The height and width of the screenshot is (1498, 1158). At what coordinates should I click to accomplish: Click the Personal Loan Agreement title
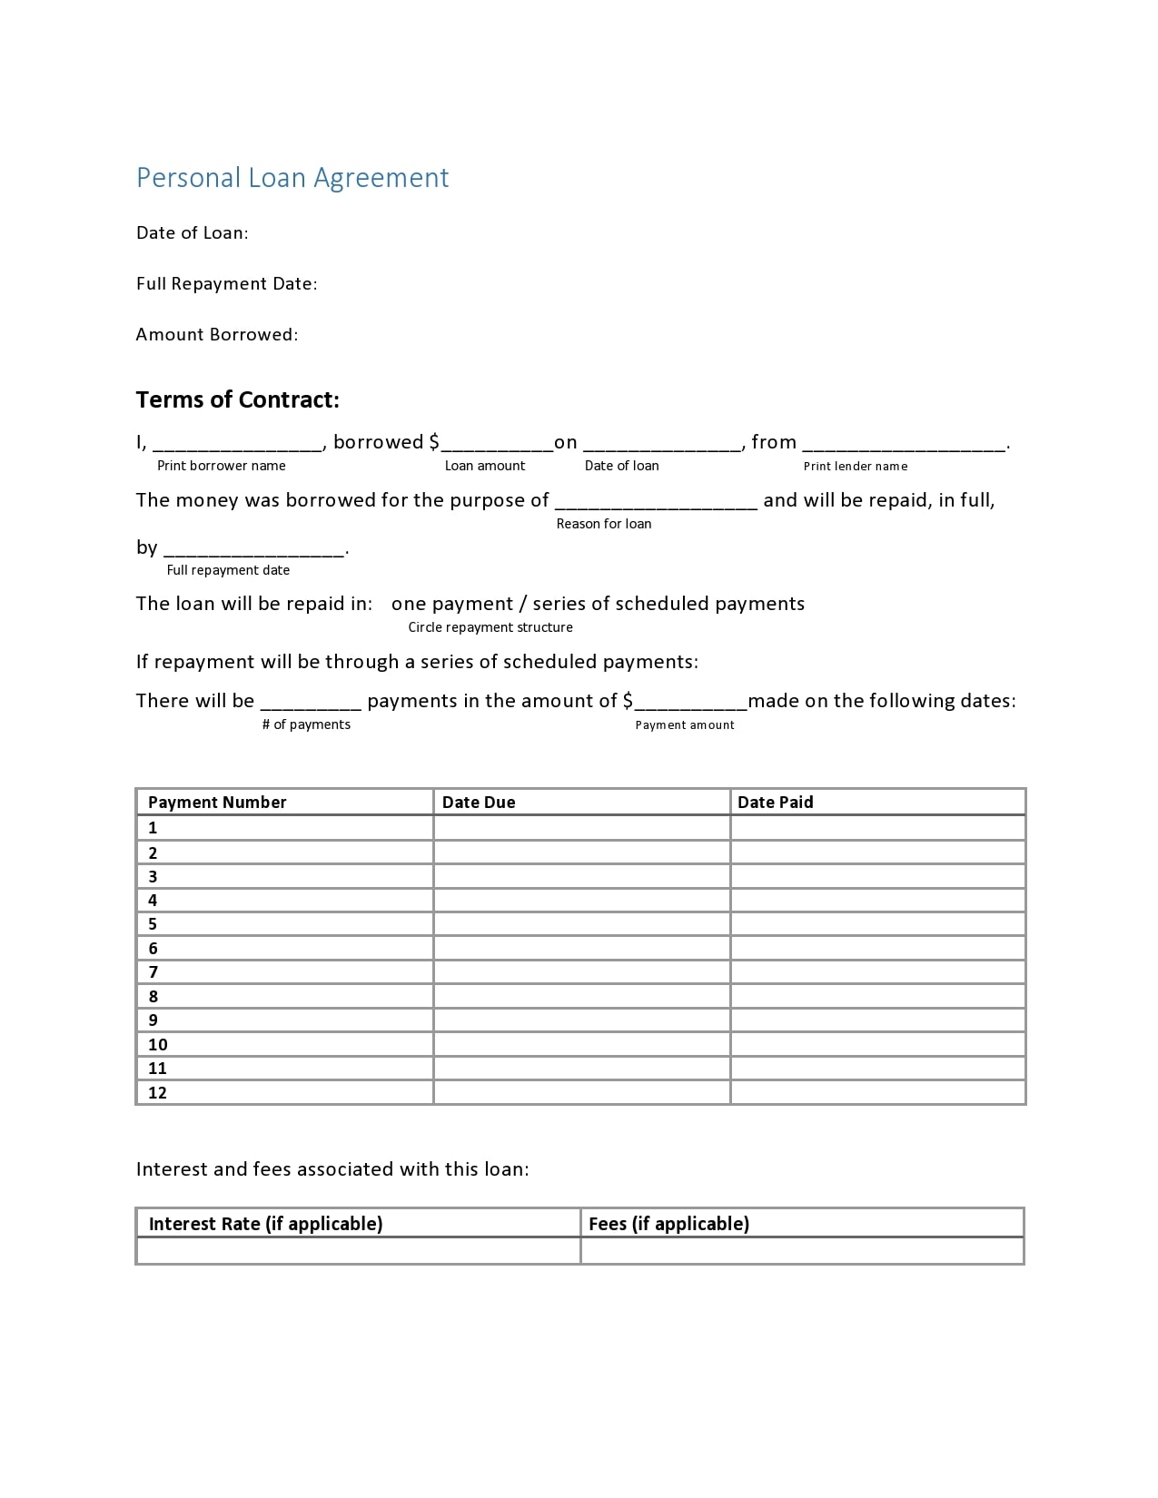[292, 177]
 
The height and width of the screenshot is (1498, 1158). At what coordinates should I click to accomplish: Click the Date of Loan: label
[192, 233]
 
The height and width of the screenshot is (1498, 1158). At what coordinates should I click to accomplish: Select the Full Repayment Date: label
[226, 284]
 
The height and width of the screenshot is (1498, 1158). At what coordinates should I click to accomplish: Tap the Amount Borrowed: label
[216, 335]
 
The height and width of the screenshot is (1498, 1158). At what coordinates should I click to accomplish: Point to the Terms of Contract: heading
[237, 400]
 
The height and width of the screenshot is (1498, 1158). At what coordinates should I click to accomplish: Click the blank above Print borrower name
[238, 445]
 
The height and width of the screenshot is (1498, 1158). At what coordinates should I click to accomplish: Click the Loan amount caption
[485, 466]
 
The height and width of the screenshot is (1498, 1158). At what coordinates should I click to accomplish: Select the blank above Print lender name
[905, 445]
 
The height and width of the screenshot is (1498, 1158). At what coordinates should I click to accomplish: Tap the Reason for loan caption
[604, 524]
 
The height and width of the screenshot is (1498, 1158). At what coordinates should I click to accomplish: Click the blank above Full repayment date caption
[253, 549]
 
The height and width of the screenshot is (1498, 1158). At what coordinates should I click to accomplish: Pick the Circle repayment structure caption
[490, 627]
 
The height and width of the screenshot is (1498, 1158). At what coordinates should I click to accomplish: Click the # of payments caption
[306, 724]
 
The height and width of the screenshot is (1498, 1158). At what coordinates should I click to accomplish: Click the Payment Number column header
[217, 803]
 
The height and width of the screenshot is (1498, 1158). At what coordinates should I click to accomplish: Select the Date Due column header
[479, 803]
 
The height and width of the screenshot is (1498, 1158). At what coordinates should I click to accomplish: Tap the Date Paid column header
[775, 803]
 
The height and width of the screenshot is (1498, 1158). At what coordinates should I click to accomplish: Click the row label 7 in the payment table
[153, 972]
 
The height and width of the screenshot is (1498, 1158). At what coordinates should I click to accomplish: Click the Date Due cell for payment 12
[581, 1092]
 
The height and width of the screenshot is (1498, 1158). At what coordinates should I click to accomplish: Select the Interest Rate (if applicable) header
[265, 1224]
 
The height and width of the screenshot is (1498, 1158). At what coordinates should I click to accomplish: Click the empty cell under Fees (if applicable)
[801, 1251]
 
